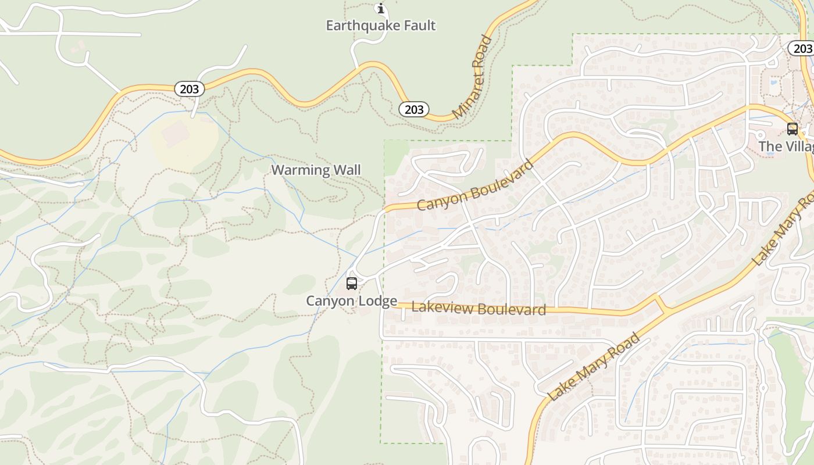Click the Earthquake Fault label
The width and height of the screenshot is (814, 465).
coord(380,26)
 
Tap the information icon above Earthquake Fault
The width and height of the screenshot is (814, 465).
coord(381,9)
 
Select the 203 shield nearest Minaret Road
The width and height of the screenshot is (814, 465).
coord(414,109)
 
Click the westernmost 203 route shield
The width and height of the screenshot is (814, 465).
coord(189,89)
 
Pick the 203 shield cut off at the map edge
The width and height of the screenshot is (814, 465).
coord(802,48)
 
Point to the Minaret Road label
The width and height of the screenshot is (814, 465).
coord(472,77)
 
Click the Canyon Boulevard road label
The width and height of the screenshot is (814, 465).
coord(475,185)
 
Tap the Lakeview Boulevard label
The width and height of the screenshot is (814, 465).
coord(479,308)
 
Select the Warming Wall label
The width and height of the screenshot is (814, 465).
coord(316,170)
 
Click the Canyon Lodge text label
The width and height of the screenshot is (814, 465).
coord(352,301)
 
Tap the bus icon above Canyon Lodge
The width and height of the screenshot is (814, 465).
coord(352,284)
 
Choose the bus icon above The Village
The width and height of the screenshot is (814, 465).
coord(792,129)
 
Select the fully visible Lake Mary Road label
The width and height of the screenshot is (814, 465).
coord(594,367)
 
